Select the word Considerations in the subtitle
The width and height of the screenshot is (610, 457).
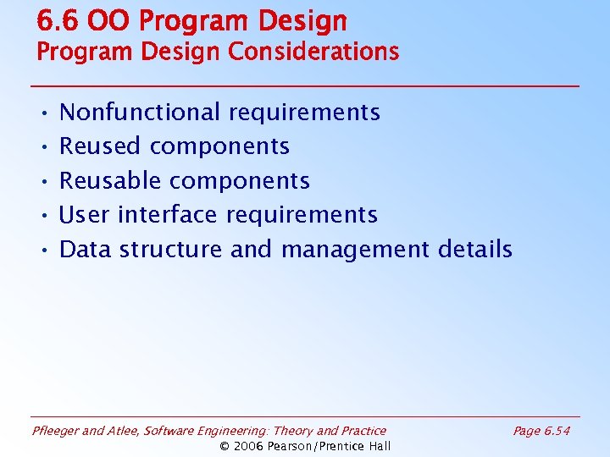point(313,52)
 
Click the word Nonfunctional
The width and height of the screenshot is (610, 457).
point(140,112)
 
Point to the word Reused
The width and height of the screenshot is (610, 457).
point(100,146)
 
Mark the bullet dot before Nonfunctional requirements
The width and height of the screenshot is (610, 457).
point(42,113)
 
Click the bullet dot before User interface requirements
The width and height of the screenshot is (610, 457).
point(42,216)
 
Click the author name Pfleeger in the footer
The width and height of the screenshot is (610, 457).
point(57,432)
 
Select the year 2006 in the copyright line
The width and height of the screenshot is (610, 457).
point(249,446)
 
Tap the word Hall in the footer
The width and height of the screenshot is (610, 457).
point(377,446)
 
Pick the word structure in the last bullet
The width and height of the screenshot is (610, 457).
point(170,250)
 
